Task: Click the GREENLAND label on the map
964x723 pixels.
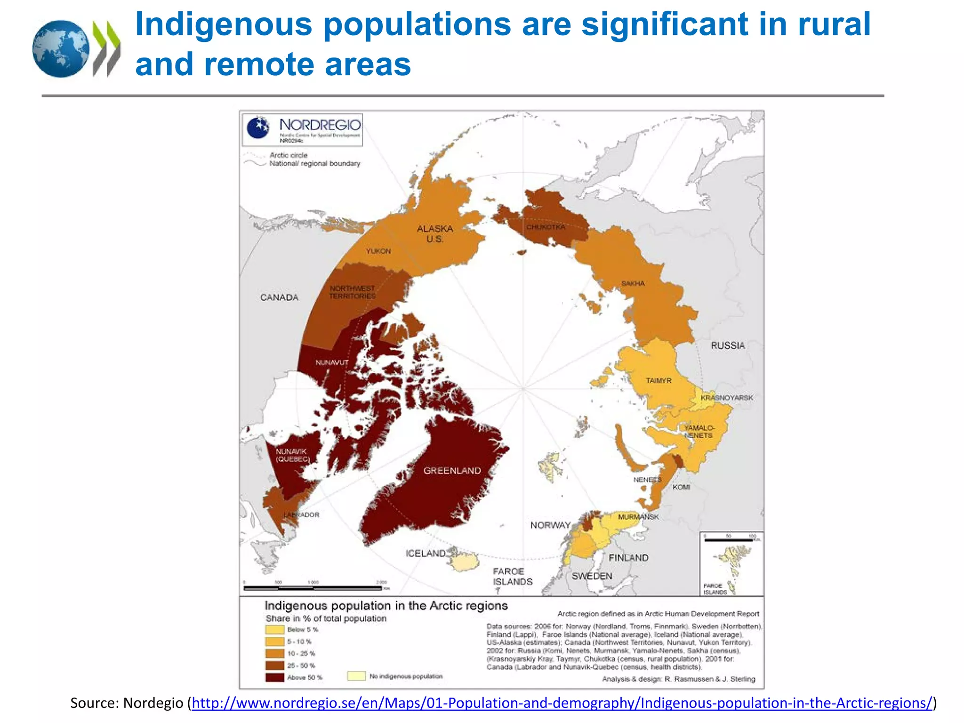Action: click(452, 471)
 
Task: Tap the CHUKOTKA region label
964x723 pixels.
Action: click(546, 227)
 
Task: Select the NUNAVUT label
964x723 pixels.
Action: click(332, 362)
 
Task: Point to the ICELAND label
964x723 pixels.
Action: click(426, 554)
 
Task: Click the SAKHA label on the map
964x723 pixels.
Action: click(633, 283)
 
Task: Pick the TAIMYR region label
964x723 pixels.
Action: click(659, 380)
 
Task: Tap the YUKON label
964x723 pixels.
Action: click(378, 251)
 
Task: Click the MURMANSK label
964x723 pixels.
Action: click(638, 517)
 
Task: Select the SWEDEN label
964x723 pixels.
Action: click(592, 576)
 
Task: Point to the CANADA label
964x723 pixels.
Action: click(279, 297)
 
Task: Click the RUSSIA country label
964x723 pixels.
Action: click(728, 345)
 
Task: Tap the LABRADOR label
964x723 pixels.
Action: click(301, 515)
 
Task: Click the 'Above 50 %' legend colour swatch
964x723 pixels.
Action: click(274, 678)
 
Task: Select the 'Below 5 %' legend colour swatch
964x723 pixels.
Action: click(274, 630)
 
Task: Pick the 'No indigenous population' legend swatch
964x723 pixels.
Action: click(356, 676)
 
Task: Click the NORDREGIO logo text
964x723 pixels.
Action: click(320, 125)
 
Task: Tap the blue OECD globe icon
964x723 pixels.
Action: click(60, 48)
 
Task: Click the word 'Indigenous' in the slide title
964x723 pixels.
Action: click(224, 24)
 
